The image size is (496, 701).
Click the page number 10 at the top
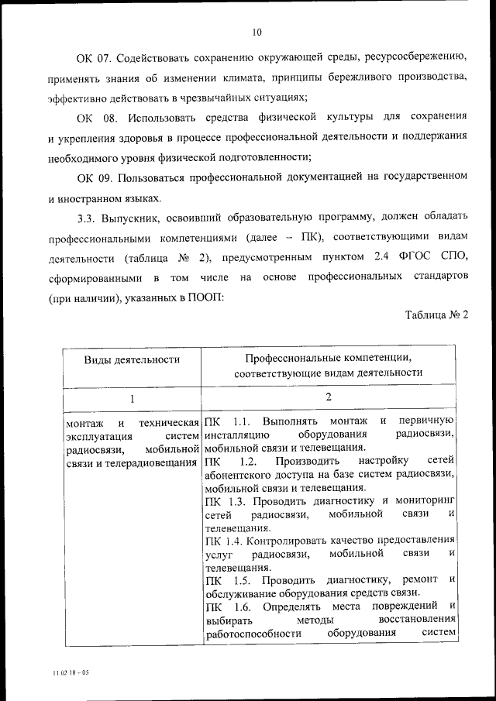(257, 32)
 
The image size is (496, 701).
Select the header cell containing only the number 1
(132, 398)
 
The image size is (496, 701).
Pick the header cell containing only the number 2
(329, 397)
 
